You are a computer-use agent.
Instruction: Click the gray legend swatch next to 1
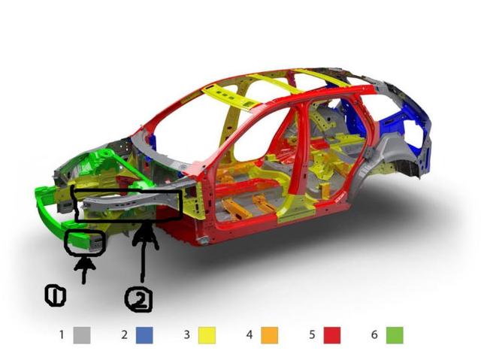pyautogui.click(x=82, y=335)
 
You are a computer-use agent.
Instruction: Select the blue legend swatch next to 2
pyautogui.click(x=144, y=335)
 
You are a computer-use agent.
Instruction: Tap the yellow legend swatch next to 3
pyautogui.click(x=207, y=335)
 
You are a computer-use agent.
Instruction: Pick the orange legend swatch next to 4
pyautogui.click(x=270, y=335)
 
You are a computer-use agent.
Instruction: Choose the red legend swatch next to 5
pyautogui.click(x=332, y=335)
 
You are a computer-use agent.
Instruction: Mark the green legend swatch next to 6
pyautogui.click(x=395, y=335)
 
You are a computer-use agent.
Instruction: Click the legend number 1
pyautogui.click(x=62, y=334)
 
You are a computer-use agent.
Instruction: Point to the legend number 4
pyautogui.click(x=250, y=334)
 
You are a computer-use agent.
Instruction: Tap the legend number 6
pyautogui.click(x=374, y=334)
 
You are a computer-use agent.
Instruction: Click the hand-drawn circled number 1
pyautogui.click(x=55, y=295)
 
